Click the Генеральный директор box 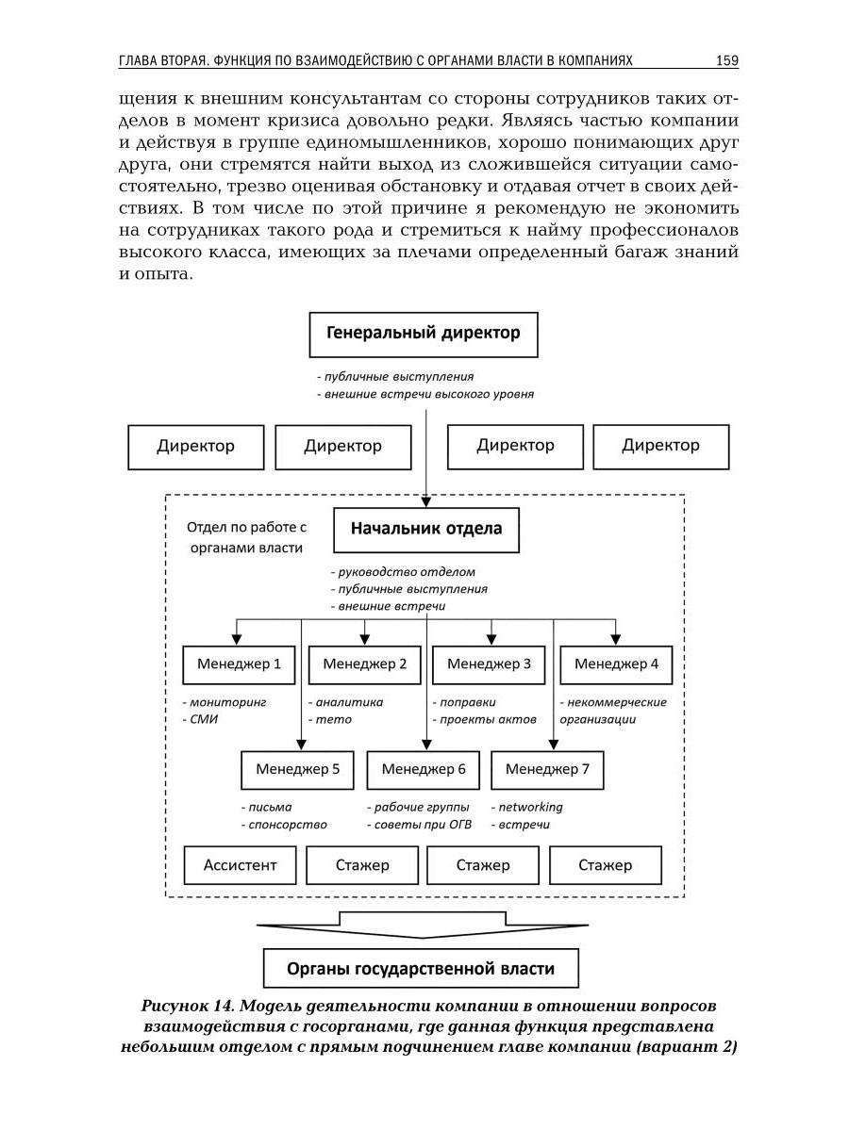point(424,334)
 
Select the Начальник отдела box point(426,529)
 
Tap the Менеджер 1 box point(239,664)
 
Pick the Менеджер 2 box point(364,664)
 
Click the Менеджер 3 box point(489,664)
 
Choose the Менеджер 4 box point(616,664)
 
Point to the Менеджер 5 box point(297,770)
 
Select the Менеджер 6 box point(424,770)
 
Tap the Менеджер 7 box point(547,770)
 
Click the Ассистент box point(241,865)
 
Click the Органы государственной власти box point(420,968)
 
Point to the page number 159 point(726,61)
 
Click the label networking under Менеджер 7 point(530,807)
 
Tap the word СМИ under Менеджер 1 point(204,719)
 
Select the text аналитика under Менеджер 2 point(349,702)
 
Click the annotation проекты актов point(488,719)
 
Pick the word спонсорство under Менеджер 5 point(287,825)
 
